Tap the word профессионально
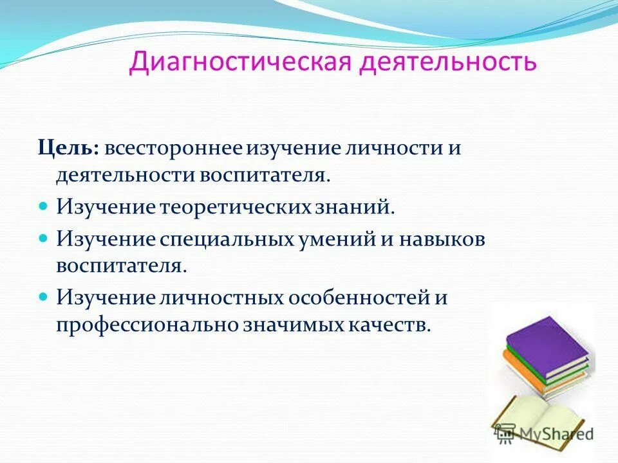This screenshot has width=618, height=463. [x=147, y=325]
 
